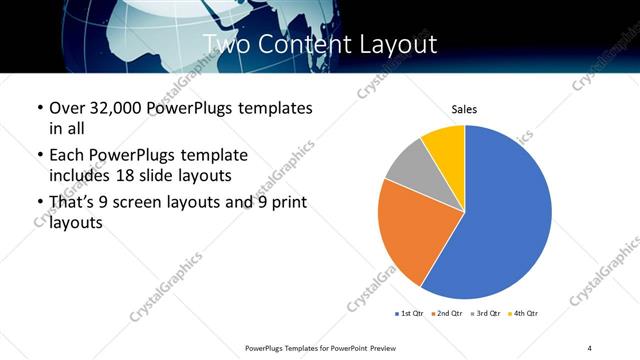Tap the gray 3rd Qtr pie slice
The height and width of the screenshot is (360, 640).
tap(408, 168)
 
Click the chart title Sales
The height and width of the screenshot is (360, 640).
tap(464, 109)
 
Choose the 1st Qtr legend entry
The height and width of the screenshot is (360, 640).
tap(410, 314)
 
